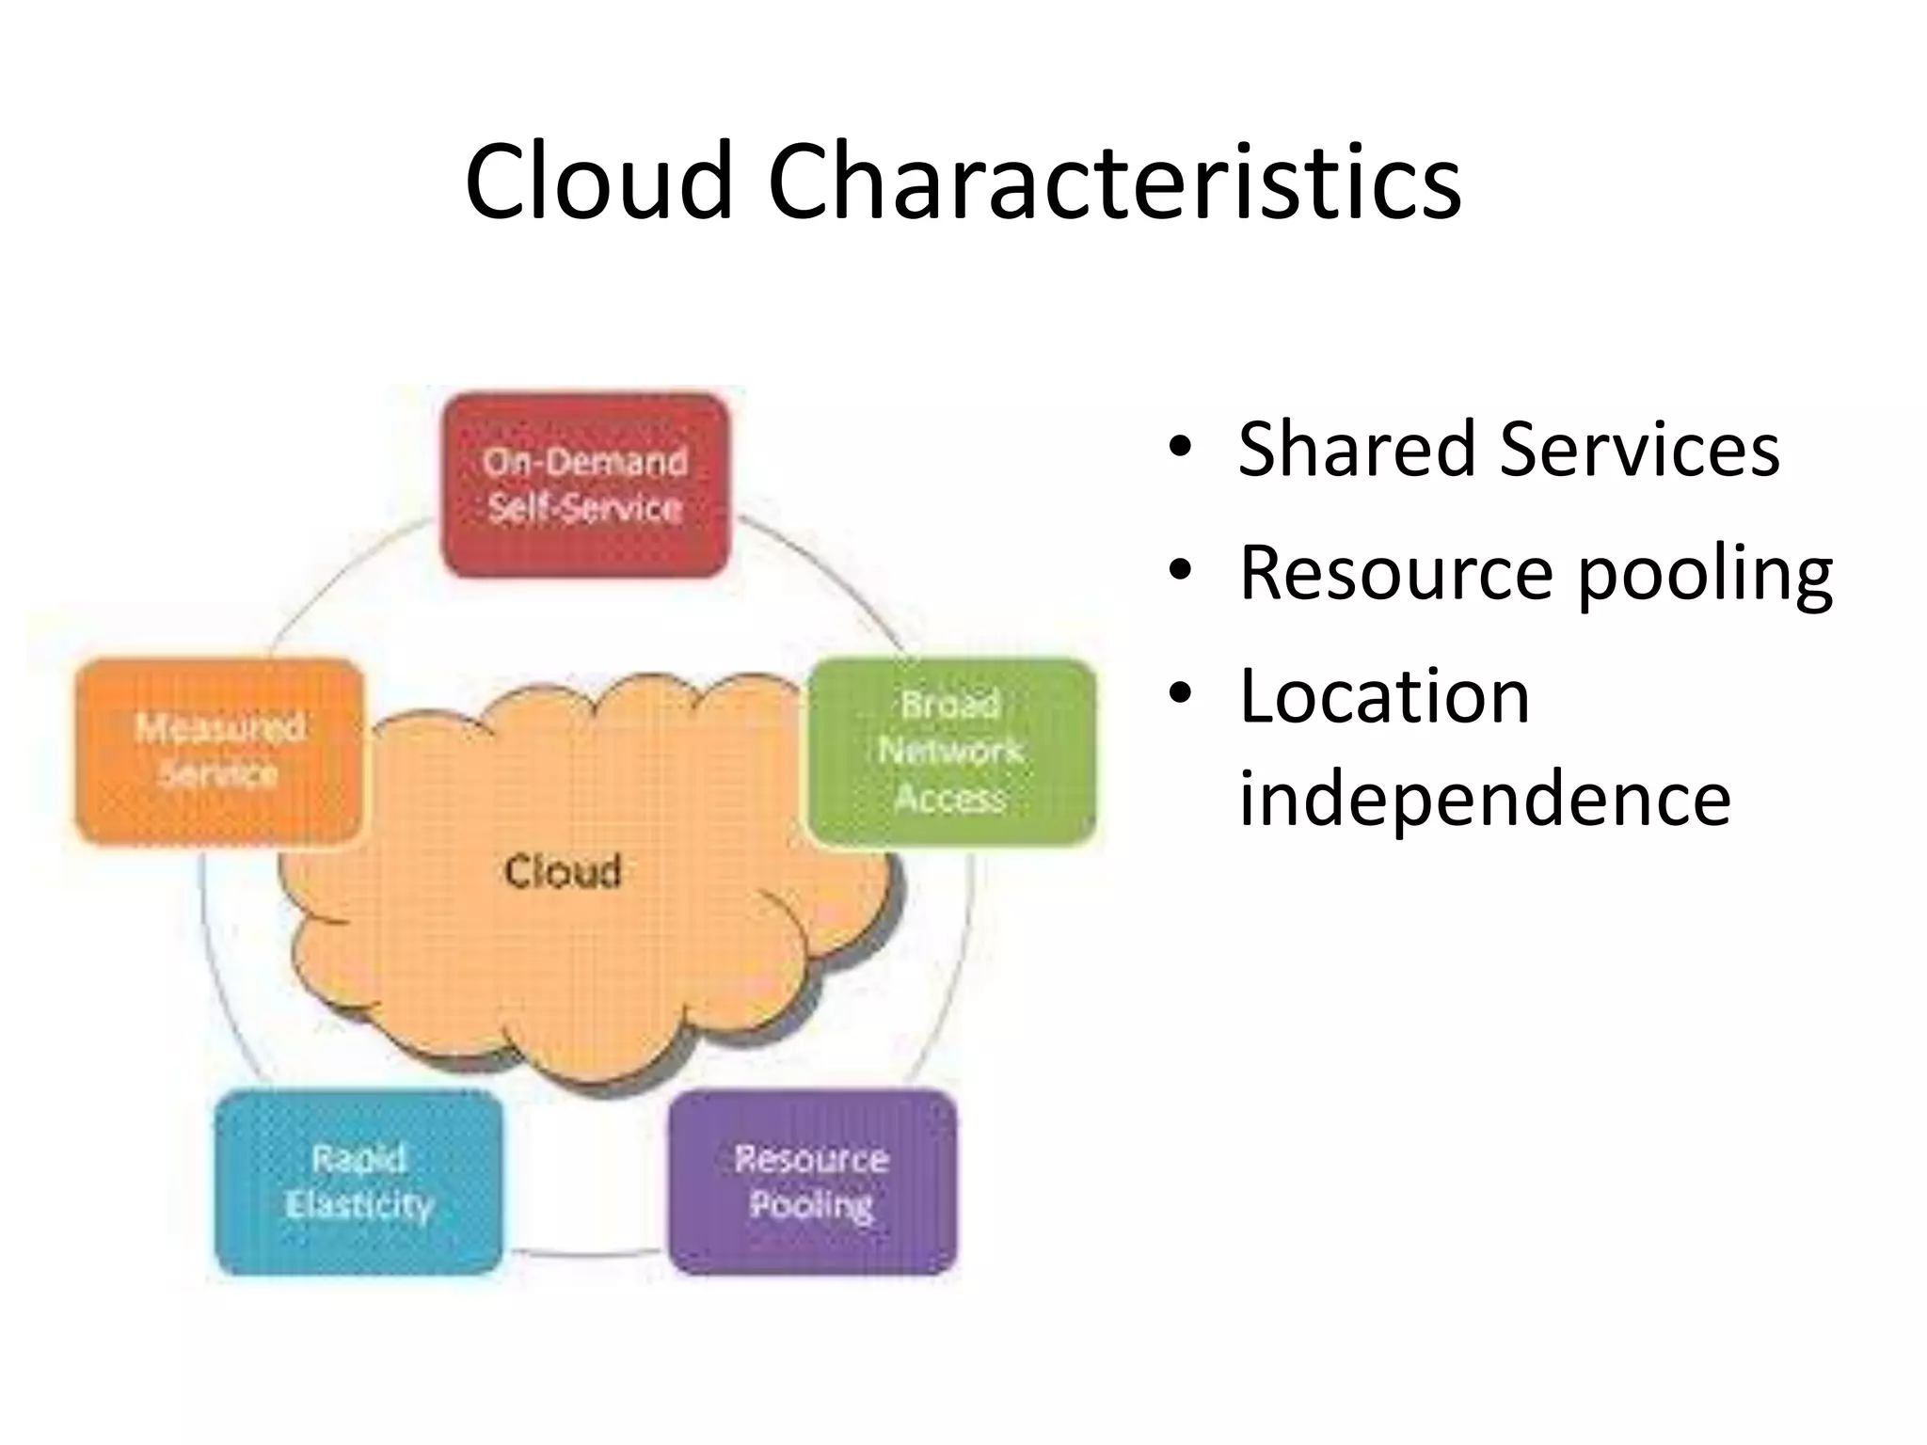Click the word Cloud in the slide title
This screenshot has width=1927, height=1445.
tap(598, 181)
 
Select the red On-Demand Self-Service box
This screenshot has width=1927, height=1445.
tap(585, 484)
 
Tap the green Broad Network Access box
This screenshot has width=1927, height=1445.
tap(950, 751)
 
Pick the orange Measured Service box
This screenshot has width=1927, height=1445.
tap(219, 751)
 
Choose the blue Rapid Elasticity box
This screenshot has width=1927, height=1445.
tap(358, 1182)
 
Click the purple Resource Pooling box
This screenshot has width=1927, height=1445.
tap(812, 1182)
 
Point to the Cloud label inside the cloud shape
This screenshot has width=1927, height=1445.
tap(563, 871)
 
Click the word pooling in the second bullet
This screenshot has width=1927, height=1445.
tap(1705, 574)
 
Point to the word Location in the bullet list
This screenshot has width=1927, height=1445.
tap(1384, 696)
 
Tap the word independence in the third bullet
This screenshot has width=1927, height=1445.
tap(1484, 798)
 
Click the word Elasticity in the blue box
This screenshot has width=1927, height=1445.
tap(358, 1205)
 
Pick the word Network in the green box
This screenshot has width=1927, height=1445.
tap(950, 751)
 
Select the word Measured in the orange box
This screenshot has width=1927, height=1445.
tap(219, 727)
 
